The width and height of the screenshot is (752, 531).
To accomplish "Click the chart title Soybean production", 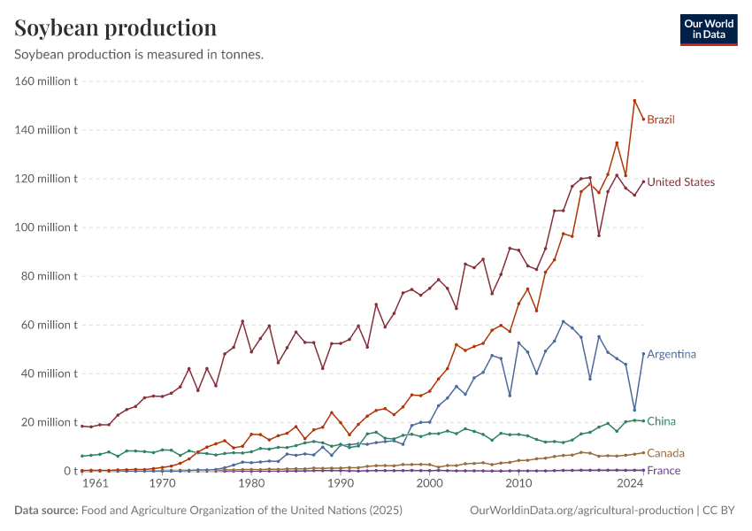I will (116, 27).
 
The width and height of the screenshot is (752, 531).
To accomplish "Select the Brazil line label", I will (661, 119).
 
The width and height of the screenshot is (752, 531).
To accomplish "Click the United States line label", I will (680, 182).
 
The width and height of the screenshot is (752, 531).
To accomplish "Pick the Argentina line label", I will (671, 354).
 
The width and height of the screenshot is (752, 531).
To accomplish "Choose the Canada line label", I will (665, 453).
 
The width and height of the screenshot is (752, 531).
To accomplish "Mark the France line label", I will (664, 471).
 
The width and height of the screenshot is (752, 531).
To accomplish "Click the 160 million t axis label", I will (47, 81).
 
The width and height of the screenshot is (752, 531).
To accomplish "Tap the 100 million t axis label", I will (47, 227).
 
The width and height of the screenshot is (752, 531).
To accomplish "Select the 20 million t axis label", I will (50, 422).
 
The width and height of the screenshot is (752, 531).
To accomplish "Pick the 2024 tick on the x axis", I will (630, 484).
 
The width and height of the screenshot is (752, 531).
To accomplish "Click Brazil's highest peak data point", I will (634, 101).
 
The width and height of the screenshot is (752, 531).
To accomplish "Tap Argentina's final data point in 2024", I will (643, 354).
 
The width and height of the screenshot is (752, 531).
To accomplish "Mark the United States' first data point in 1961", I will (82, 426).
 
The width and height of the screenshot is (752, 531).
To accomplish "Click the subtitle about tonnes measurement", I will (139, 54).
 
